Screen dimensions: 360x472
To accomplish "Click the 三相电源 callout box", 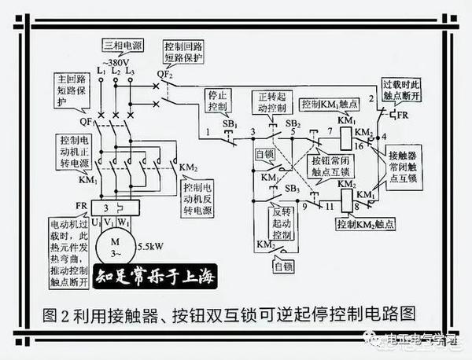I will [x=118, y=46].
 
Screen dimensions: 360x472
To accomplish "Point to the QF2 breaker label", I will [x=164, y=74].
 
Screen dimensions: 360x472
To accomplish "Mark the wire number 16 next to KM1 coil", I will [x=359, y=146].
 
